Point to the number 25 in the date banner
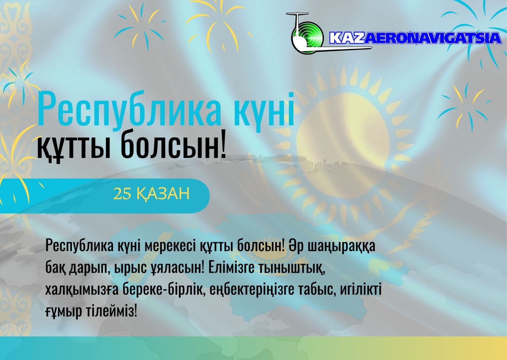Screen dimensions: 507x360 [122, 194]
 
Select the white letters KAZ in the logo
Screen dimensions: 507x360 [347, 38]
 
